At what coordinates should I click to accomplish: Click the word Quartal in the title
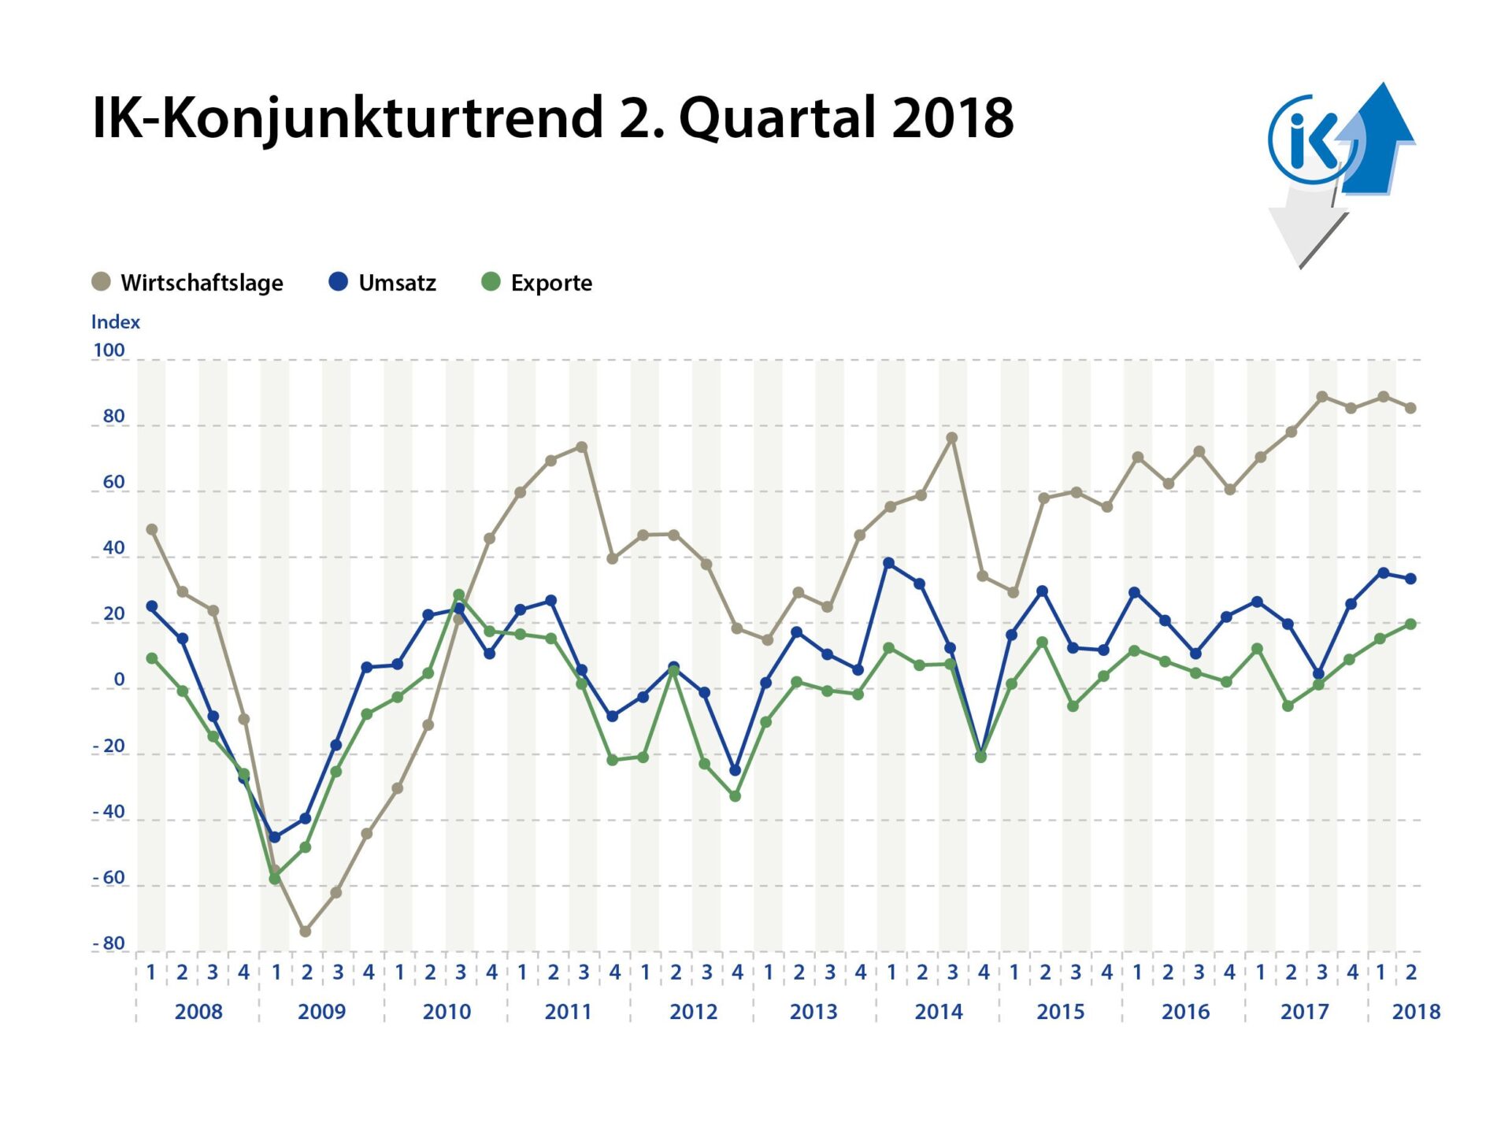(x=778, y=118)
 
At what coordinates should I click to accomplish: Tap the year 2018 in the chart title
(x=952, y=118)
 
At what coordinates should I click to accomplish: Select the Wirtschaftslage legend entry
(x=188, y=283)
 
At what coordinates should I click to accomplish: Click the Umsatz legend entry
(x=383, y=283)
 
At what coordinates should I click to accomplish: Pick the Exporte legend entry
(x=537, y=283)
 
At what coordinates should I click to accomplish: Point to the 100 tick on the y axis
(x=109, y=350)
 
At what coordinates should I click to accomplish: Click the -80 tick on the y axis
(x=109, y=943)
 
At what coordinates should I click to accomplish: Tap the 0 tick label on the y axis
(x=119, y=680)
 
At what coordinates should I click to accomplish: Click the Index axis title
(x=115, y=322)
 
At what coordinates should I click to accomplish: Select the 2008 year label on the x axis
(x=198, y=1012)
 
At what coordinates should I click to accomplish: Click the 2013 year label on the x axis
(x=813, y=1012)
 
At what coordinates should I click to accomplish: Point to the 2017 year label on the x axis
(x=1304, y=1012)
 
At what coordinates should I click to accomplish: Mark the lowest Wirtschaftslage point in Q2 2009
(x=306, y=932)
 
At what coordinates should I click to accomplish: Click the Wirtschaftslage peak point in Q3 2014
(x=951, y=438)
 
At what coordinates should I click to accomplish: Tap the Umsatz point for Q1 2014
(x=889, y=563)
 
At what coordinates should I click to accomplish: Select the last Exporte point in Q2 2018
(x=1411, y=624)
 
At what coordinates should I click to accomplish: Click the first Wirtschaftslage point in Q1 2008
(x=152, y=530)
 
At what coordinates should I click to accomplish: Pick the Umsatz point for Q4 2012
(x=736, y=770)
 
